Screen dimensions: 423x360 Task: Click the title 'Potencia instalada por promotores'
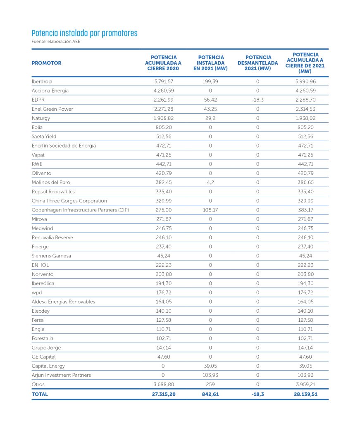click(84, 33)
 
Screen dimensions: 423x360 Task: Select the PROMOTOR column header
click(46, 63)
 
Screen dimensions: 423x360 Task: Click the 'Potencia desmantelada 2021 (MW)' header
click(258, 63)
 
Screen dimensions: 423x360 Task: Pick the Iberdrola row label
click(42, 81)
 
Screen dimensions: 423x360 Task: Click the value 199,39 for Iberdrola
click(210, 81)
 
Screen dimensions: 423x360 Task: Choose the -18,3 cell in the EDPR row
click(257, 100)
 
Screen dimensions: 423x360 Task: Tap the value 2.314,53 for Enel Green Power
click(306, 109)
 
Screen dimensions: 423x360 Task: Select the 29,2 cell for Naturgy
click(210, 118)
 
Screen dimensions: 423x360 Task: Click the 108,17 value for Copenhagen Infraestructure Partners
click(210, 210)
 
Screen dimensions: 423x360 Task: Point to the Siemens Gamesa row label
click(51, 256)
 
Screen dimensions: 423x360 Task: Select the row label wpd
click(37, 292)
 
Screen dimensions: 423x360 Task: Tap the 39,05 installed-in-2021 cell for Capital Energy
click(210, 366)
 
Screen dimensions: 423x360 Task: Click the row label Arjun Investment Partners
click(61, 375)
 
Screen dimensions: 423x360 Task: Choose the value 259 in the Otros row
click(210, 384)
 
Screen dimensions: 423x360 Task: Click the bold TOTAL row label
click(40, 394)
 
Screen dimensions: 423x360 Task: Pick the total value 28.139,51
click(306, 394)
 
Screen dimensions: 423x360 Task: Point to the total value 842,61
click(210, 394)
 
